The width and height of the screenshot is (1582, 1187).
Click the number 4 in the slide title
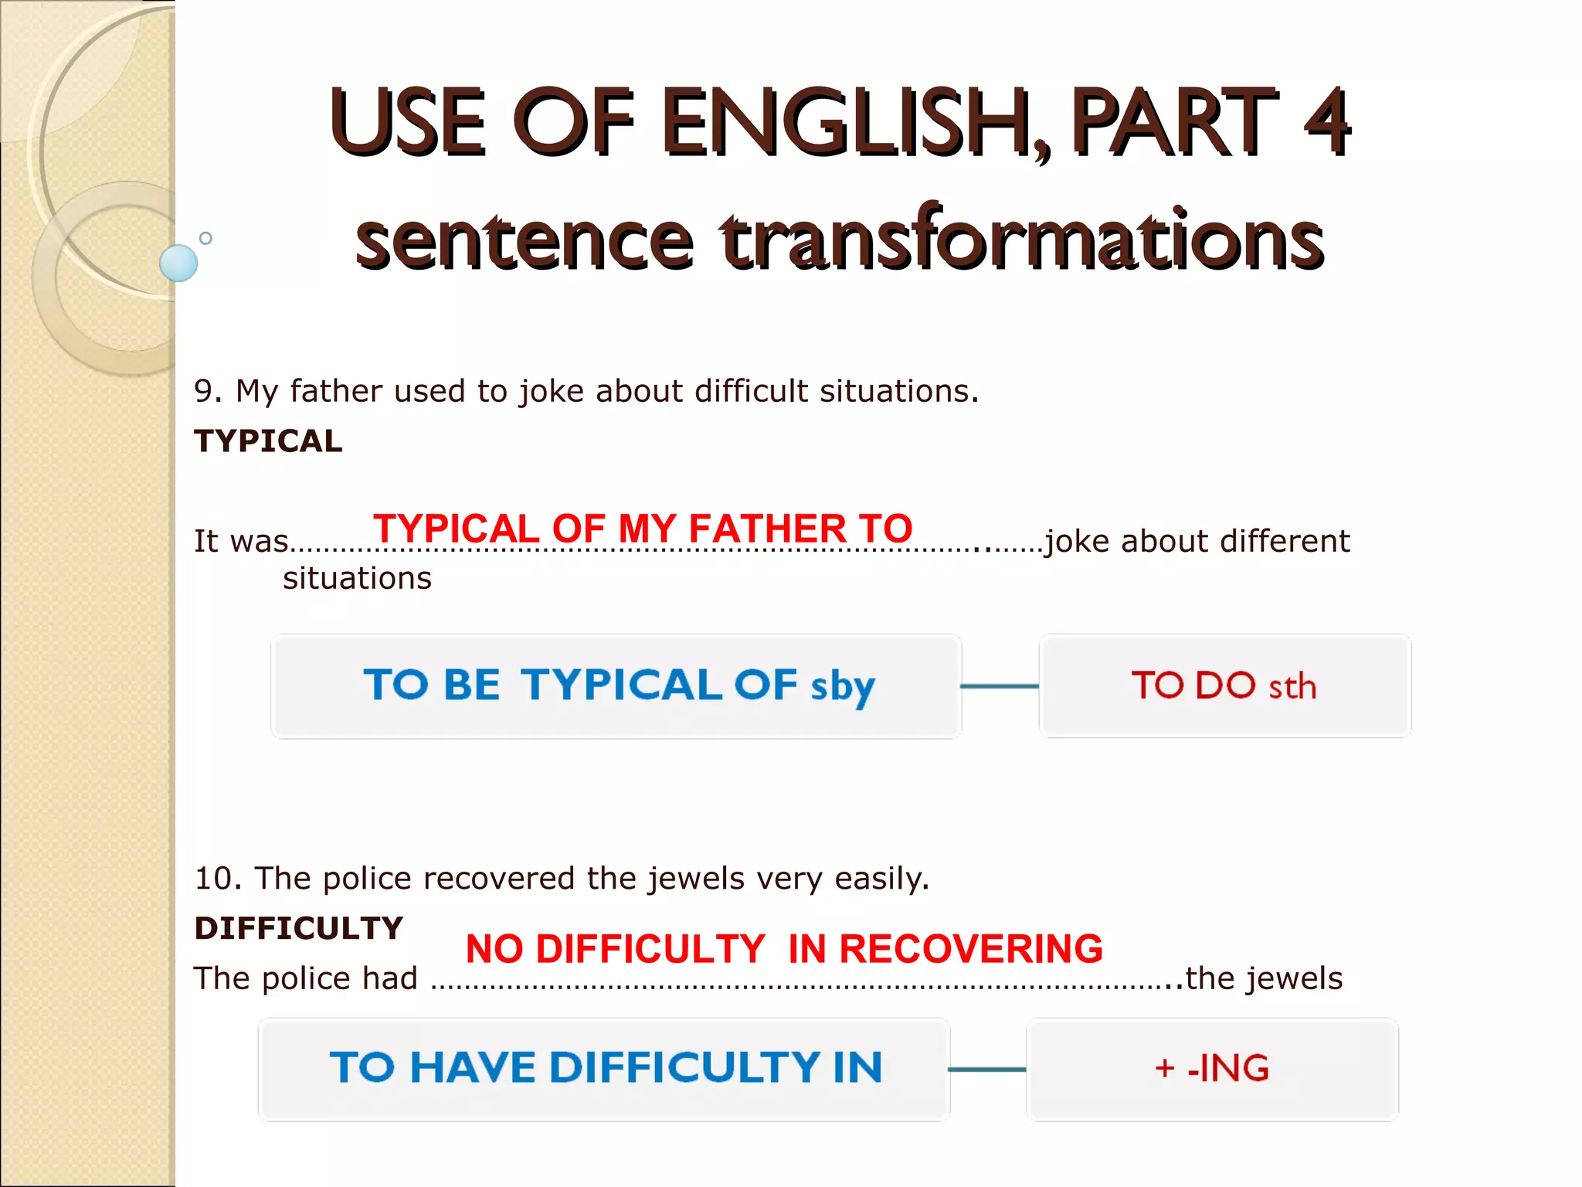[1326, 122]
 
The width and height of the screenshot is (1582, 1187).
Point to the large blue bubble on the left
[178, 263]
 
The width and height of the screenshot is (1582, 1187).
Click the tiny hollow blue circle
[205, 238]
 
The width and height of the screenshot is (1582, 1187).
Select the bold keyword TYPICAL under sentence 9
[268, 441]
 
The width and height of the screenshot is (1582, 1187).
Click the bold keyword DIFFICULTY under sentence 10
[298, 928]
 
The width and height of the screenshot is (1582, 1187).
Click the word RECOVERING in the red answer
[971, 949]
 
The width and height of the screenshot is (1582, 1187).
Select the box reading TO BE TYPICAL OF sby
[616, 686]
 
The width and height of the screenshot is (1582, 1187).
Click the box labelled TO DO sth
[1224, 686]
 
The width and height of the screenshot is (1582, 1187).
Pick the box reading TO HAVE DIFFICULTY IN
[604, 1069]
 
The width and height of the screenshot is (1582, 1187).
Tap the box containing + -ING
[1212, 1069]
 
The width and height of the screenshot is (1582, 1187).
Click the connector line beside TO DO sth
[1000, 686]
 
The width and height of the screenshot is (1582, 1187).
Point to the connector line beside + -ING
[987, 1070]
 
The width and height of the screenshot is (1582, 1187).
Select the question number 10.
[215, 879]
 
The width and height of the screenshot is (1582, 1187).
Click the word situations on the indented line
[357, 578]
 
